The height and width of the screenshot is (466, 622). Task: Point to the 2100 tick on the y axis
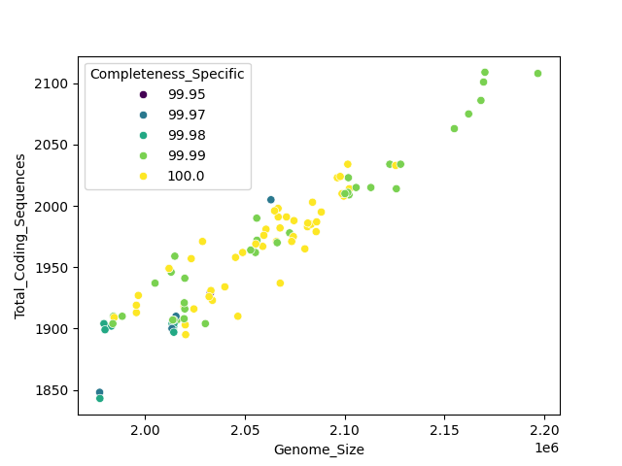pos(54,83)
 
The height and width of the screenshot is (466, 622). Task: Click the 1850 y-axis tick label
pos(54,390)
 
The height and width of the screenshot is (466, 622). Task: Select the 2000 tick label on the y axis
pos(54,207)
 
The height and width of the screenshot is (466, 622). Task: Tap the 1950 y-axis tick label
pos(54,268)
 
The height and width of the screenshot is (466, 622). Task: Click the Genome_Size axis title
pos(319,449)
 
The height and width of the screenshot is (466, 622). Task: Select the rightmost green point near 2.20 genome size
pos(537,74)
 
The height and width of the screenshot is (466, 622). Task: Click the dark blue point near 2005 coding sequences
pos(271,200)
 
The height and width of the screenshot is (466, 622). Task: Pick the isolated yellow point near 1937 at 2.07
pos(280,283)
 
